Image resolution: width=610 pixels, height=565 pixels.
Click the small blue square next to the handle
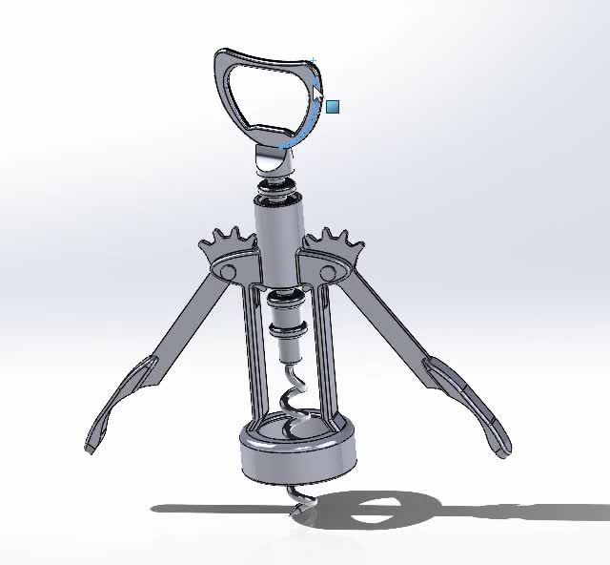click(333, 107)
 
